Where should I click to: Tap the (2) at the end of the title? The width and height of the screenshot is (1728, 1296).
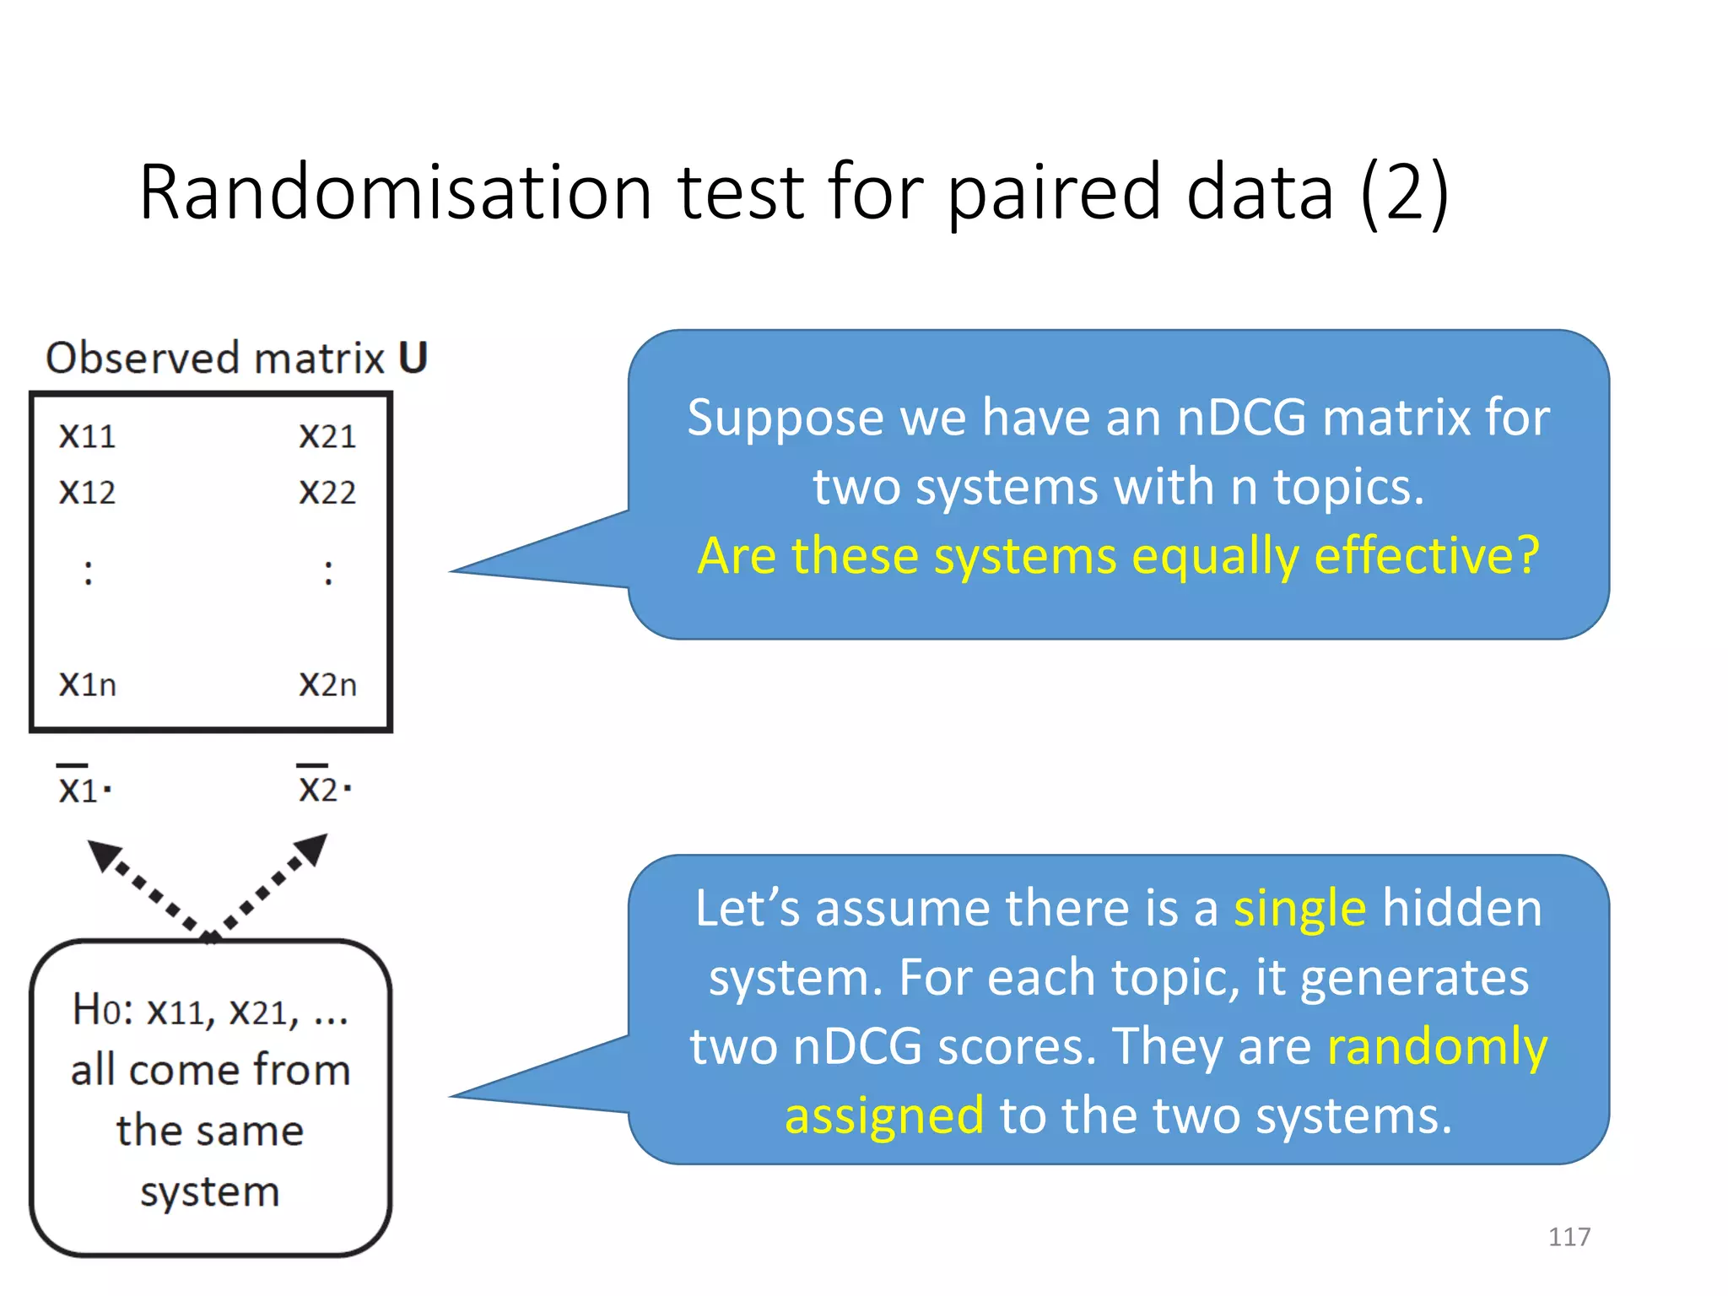[x=1404, y=194]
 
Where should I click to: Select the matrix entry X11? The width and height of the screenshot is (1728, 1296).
[x=87, y=436]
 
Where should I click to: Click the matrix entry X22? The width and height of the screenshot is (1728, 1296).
[x=327, y=492]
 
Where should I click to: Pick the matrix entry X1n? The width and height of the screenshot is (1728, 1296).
[x=87, y=683]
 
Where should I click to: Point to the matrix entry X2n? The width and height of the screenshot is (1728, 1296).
[x=327, y=683]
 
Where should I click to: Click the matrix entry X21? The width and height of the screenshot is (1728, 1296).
[x=327, y=436]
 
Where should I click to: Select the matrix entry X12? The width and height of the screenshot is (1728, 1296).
[x=87, y=492]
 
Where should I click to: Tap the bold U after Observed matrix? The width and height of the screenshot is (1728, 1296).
[x=413, y=358]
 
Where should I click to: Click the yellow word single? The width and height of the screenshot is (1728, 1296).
[x=1299, y=909]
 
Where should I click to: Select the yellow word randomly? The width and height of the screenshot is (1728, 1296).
[x=1437, y=1047]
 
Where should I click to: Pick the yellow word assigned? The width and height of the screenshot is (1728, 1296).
[x=884, y=1116]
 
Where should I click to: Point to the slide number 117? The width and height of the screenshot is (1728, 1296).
[x=1569, y=1236]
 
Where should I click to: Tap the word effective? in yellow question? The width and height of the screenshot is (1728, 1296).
[x=1427, y=556]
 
